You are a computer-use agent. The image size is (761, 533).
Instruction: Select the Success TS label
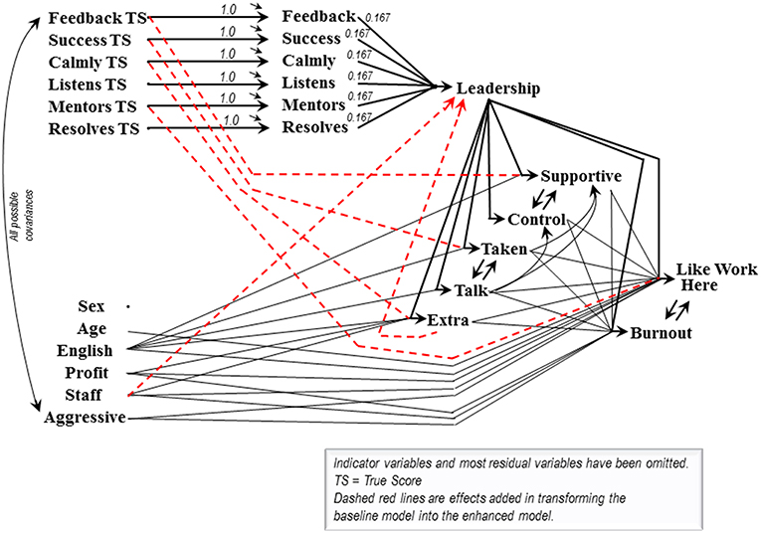click(x=94, y=41)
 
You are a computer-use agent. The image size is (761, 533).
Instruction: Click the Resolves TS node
click(x=95, y=128)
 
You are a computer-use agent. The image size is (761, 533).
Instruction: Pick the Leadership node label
click(x=497, y=89)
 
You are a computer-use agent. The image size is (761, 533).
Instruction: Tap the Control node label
click(x=536, y=219)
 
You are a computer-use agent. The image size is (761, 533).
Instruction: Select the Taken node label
click(x=504, y=249)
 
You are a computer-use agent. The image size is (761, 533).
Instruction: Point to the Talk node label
click(x=473, y=290)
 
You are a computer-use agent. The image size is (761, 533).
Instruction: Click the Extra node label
click(x=448, y=320)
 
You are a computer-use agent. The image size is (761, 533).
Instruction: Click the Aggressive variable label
click(x=85, y=418)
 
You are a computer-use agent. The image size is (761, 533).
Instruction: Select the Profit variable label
click(x=89, y=374)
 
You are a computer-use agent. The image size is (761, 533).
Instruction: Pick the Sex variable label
click(x=92, y=306)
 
